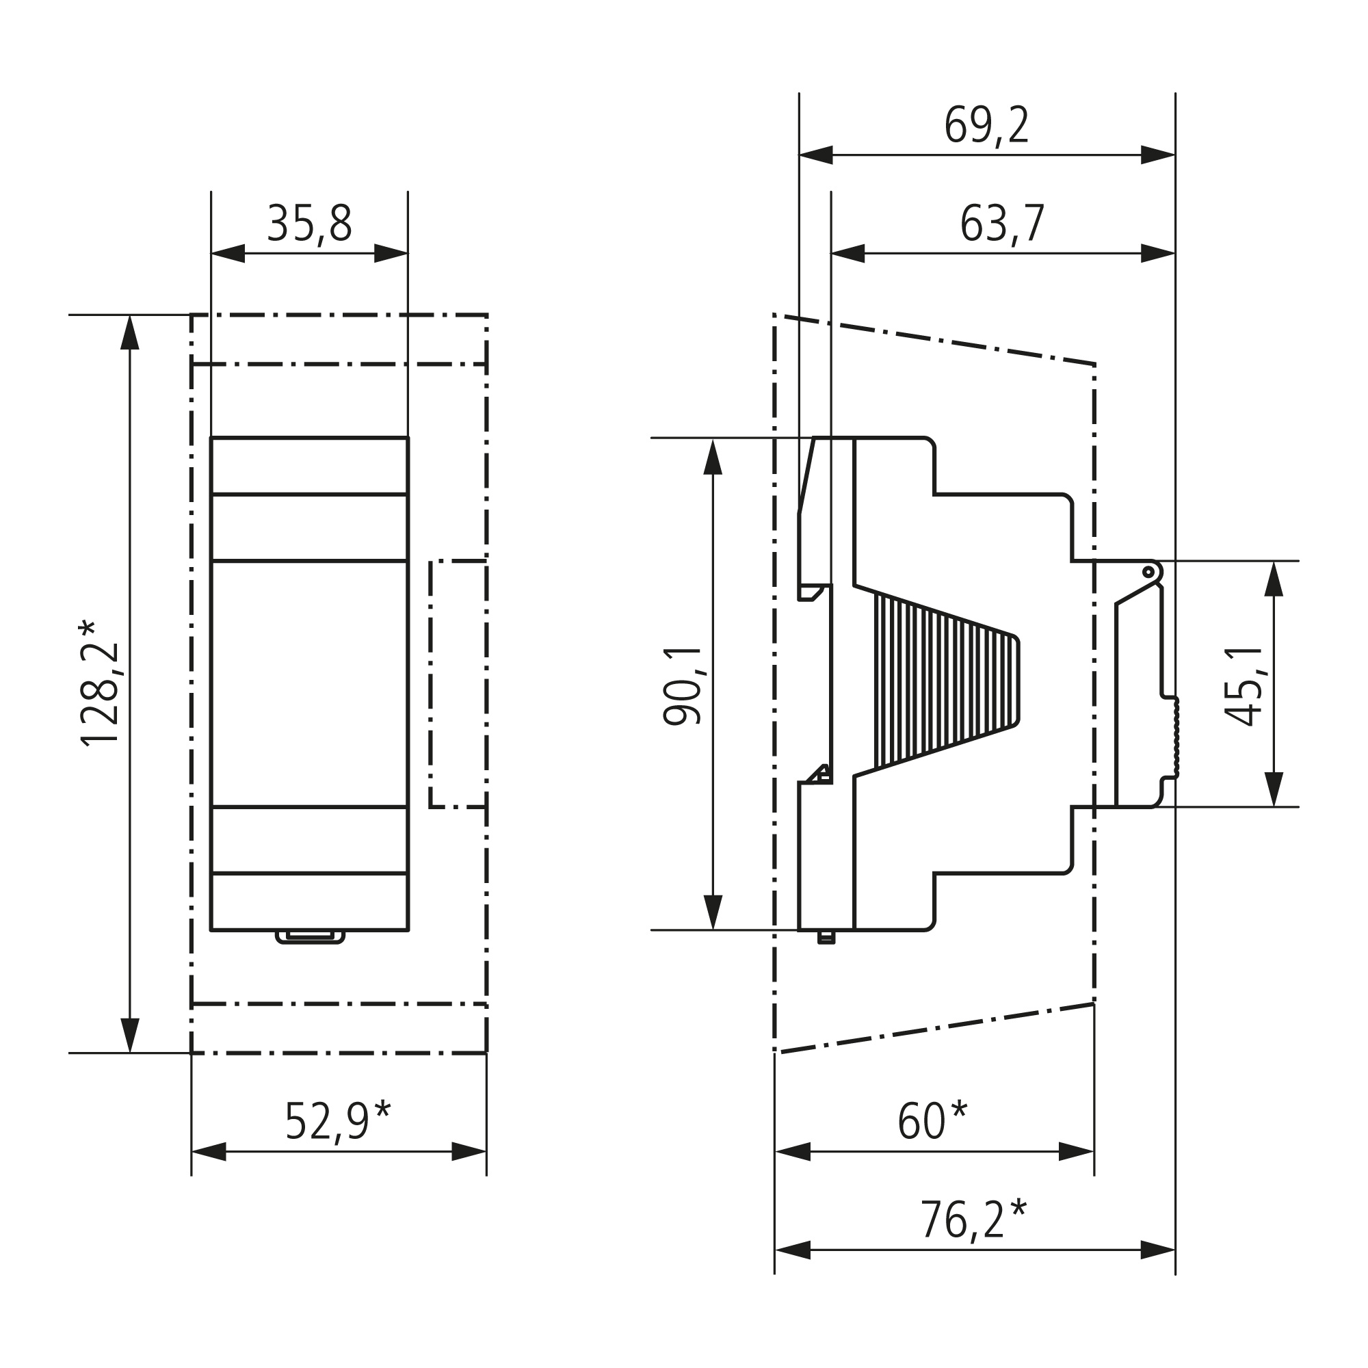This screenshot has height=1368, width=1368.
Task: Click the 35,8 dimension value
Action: coord(309,224)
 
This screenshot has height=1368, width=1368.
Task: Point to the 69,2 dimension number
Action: coord(986,126)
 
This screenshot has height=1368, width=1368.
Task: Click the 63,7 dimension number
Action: coord(1002,224)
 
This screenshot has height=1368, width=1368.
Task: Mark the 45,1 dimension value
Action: coord(1245,686)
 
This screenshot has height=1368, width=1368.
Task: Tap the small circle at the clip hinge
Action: coord(1148,570)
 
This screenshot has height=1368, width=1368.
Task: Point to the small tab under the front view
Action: coord(309,938)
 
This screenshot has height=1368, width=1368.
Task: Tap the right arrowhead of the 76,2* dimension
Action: coord(1159,1250)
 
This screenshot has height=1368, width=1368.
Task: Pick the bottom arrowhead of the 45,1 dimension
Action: coord(1274,789)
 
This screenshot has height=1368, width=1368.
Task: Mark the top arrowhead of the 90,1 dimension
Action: coord(713,457)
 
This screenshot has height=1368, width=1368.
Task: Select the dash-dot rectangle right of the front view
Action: coord(458,684)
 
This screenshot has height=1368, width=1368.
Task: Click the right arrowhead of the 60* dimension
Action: coord(1076,1152)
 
